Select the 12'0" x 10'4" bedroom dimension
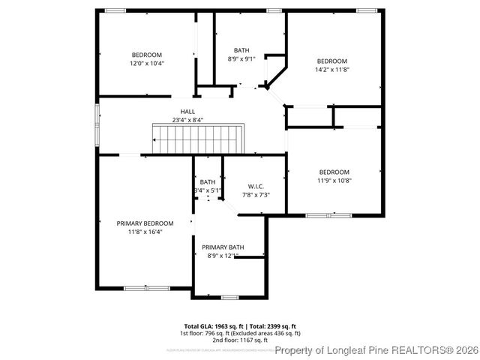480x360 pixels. pos(147,64)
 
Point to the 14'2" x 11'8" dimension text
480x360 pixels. pos(331,70)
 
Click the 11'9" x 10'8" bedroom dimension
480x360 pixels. pos(334,180)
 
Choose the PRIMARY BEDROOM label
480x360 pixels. pos(145,223)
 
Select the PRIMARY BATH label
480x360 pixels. pos(223,247)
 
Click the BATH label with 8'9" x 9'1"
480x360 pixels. pos(241,50)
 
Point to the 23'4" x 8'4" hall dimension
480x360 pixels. pos(177,120)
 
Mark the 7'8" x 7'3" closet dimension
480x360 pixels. pos(256,195)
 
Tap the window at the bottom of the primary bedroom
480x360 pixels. pos(146,288)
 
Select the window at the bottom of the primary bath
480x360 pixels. pos(229,297)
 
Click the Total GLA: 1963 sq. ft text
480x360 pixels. pos(207,326)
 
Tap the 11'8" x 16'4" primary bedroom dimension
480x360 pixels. pos(145,232)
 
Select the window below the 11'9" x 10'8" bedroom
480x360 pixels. pos(328,215)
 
